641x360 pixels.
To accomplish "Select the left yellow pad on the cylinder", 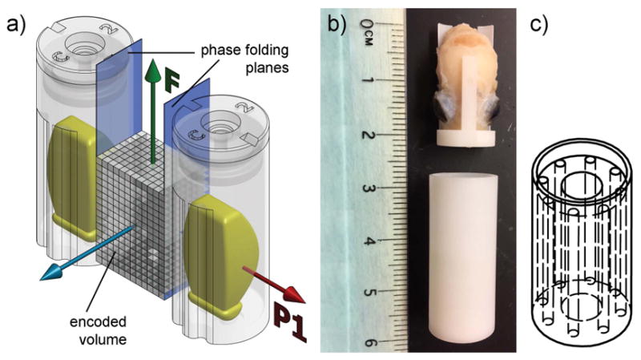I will tap(75, 172).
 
